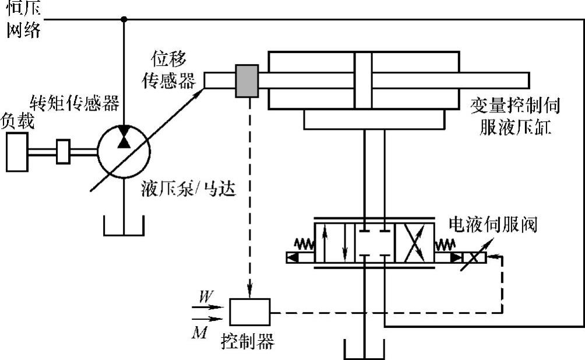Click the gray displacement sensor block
click(247, 81)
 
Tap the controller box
click(249, 312)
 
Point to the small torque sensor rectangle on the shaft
click(63, 151)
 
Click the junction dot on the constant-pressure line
click(124, 19)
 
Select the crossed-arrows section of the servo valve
click(414, 243)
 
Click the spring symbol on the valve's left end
click(304, 244)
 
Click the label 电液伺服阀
click(492, 224)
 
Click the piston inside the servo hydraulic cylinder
click(362, 80)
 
